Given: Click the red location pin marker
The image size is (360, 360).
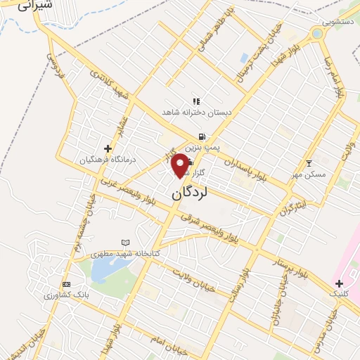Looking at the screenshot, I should [181, 165].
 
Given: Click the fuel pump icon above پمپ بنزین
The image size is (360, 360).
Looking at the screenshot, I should [202, 136].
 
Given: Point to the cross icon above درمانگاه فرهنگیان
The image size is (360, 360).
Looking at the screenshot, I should [108, 148].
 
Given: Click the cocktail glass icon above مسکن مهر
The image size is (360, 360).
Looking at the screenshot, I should [309, 164].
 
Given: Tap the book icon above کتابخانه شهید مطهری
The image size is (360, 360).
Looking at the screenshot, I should [126, 243].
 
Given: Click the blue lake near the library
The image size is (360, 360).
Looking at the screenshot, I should [101, 268].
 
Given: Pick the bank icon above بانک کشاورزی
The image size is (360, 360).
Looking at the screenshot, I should [67, 284].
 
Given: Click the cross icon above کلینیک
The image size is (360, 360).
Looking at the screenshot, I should [339, 283].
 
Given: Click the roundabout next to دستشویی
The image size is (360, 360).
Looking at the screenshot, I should [317, 33].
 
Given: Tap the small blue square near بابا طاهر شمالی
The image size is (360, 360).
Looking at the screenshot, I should [244, 57].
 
